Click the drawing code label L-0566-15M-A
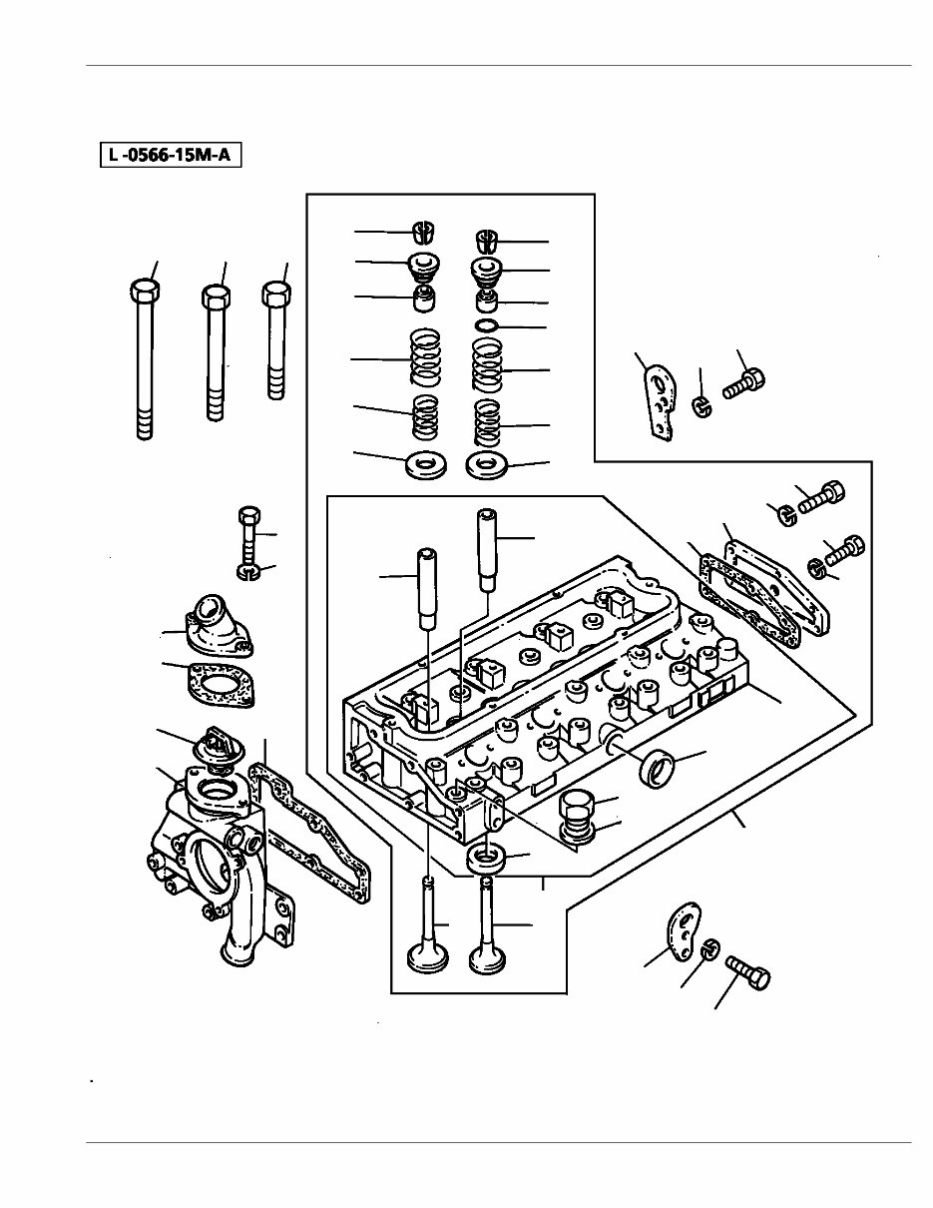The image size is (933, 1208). [x=171, y=156]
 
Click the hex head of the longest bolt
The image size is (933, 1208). [x=145, y=291]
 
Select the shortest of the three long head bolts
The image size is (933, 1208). [x=275, y=297]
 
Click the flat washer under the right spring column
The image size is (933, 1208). [x=487, y=465]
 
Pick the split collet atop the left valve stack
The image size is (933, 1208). [x=424, y=232]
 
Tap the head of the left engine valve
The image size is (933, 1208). [x=429, y=958]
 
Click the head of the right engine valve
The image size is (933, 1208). [x=490, y=960]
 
